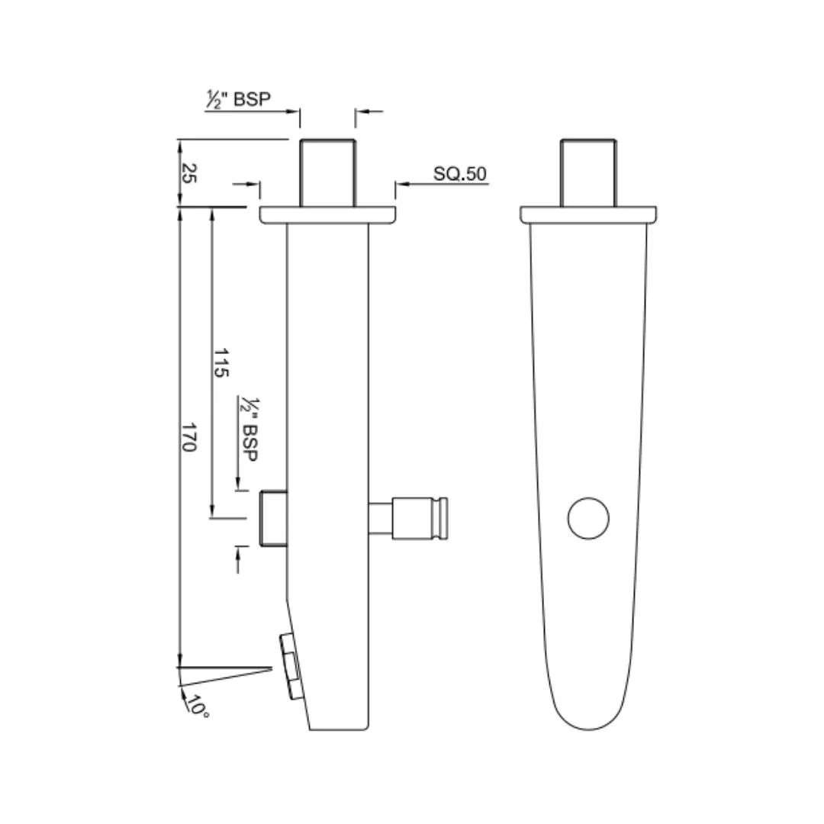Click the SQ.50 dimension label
pos(460,174)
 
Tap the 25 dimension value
pos(188,173)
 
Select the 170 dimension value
pos(188,436)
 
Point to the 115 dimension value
pos(220,362)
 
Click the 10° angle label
pos(198,706)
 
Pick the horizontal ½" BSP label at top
pos(238,98)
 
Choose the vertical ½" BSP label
pos(249,430)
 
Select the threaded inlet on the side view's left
pos(274,518)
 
